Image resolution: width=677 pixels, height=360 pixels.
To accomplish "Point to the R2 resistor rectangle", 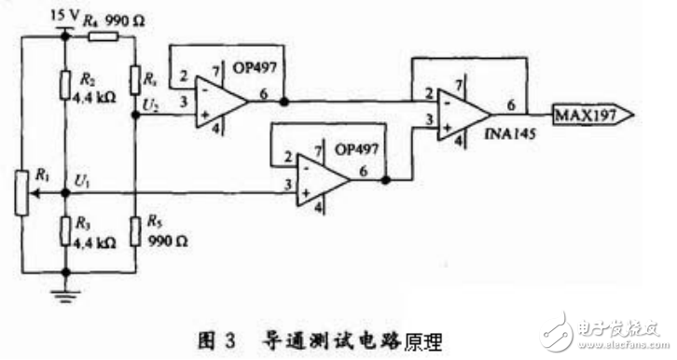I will click(x=66, y=83).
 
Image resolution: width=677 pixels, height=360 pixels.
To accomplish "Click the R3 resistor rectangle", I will click(x=66, y=225).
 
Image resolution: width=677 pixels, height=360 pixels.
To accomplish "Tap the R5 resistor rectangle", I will click(x=136, y=225).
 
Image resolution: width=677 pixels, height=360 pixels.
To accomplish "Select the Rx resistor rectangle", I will click(x=136, y=78).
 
